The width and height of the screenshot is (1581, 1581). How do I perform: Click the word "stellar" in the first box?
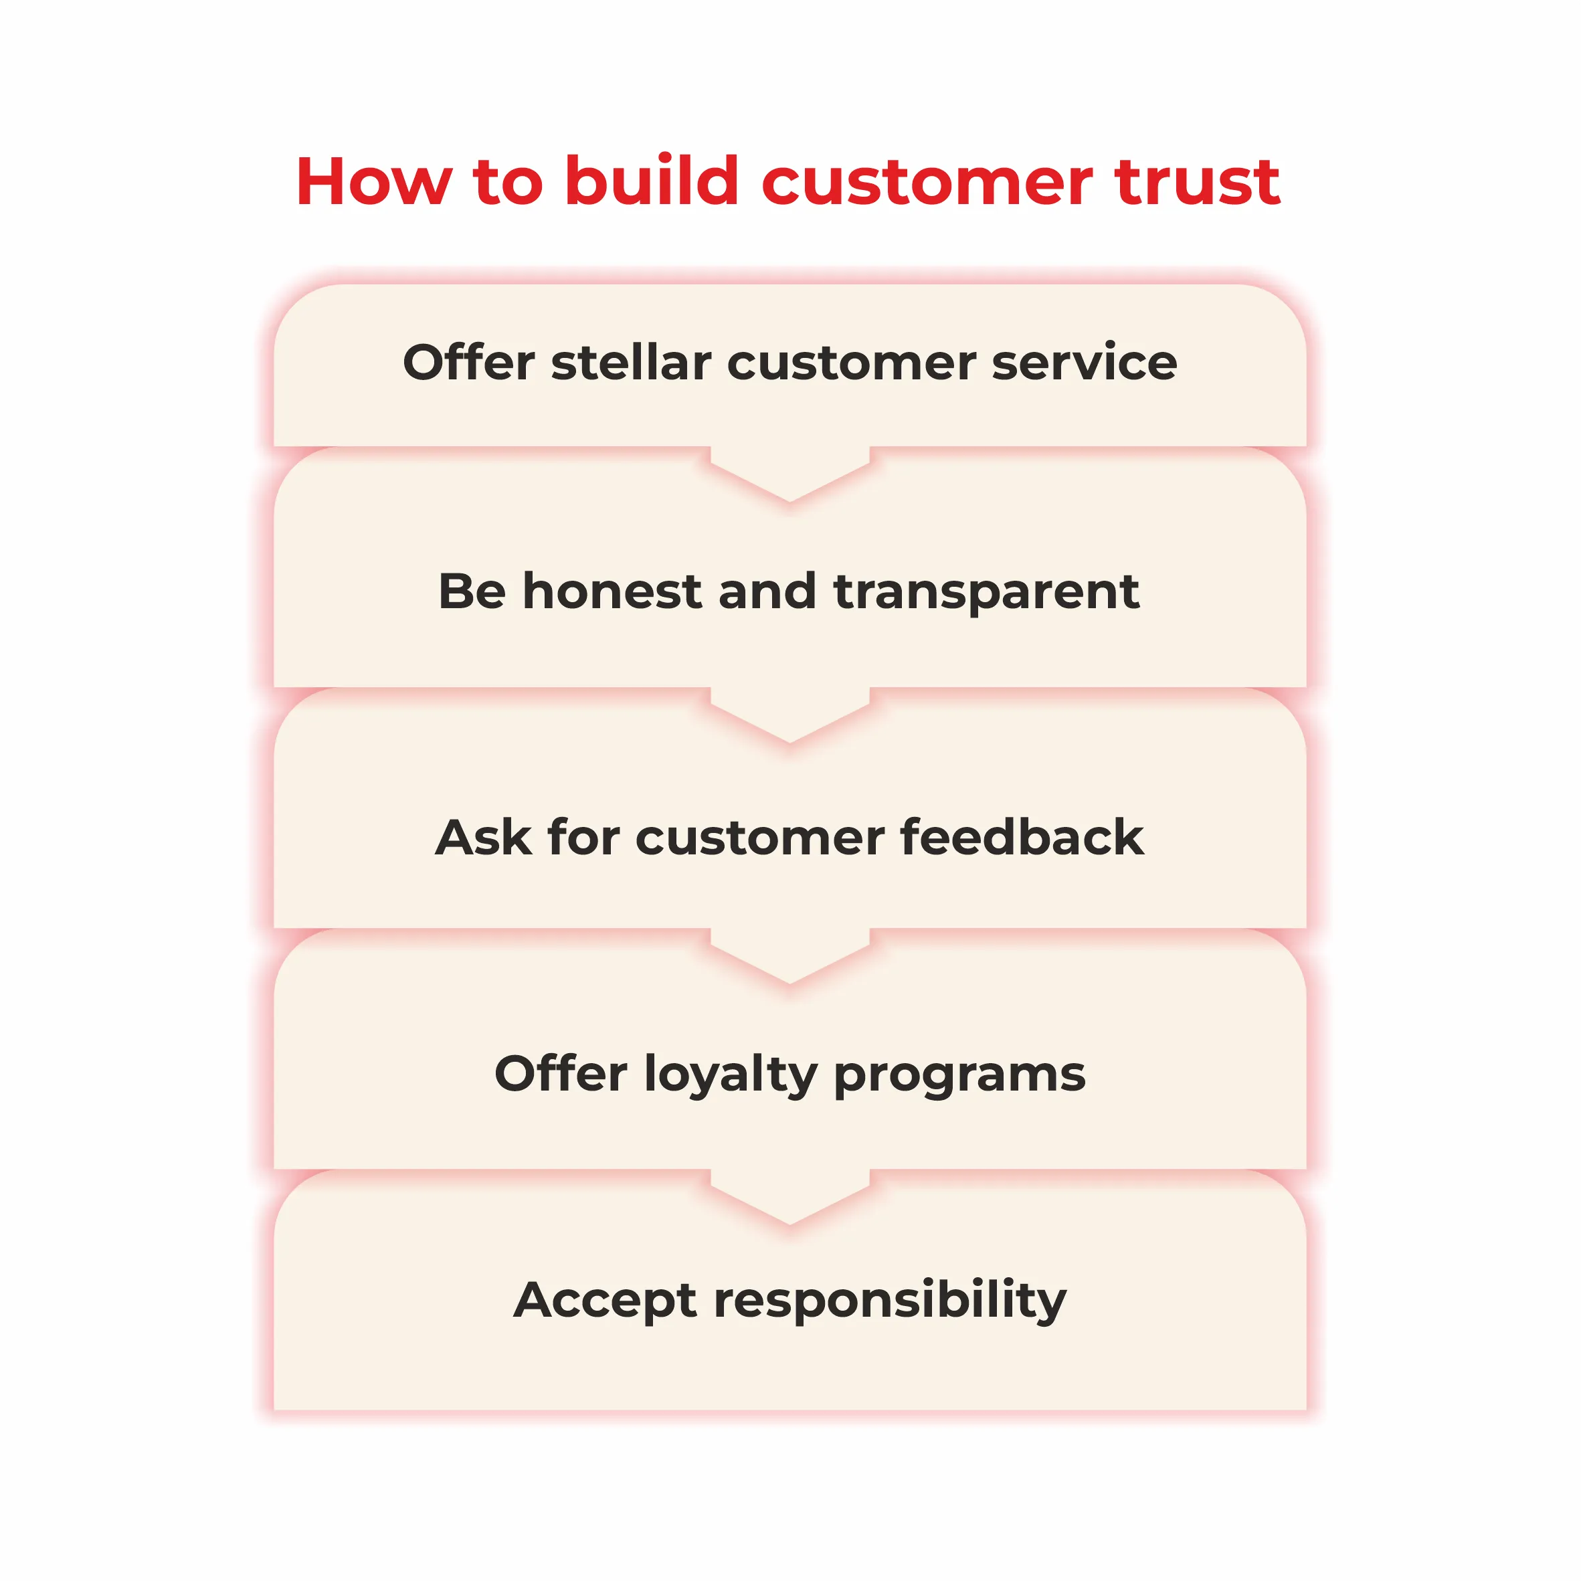[631, 363]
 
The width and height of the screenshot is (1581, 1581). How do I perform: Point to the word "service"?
[1085, 363]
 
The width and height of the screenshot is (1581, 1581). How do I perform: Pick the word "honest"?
[612, 591]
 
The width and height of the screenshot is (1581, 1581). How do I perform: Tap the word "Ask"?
[484, 837]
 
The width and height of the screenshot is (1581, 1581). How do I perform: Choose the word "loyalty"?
[731, 1075]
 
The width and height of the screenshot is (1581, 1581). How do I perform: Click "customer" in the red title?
[927, 183]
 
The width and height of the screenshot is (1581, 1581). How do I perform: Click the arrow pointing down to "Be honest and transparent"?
[789, 474]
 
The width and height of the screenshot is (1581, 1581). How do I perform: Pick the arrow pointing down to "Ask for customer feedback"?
[789, 715]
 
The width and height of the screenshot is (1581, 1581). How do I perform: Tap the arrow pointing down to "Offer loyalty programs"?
[789, 956]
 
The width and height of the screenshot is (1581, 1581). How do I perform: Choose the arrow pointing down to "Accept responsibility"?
[789, 1197]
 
